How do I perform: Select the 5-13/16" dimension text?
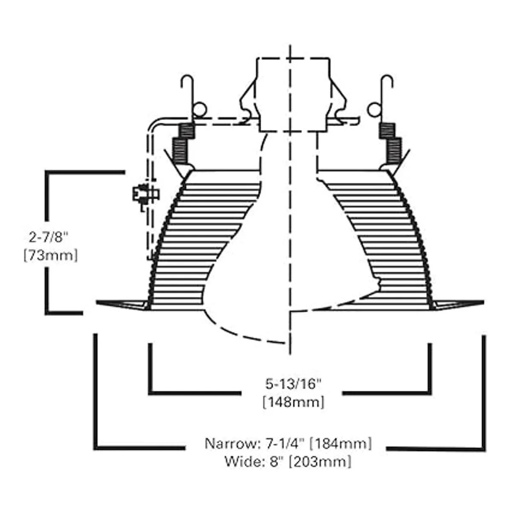pos(293,384)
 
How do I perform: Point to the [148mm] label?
pos(293,402)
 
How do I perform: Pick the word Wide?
pos(240,461)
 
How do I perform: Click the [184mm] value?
pos(341,443)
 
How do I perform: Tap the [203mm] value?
pos(320,461)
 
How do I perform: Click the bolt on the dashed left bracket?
pos(145,195)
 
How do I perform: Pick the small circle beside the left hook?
pos(198,109)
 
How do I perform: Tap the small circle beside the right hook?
pos(374,109)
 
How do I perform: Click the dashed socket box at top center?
pos(293,94)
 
